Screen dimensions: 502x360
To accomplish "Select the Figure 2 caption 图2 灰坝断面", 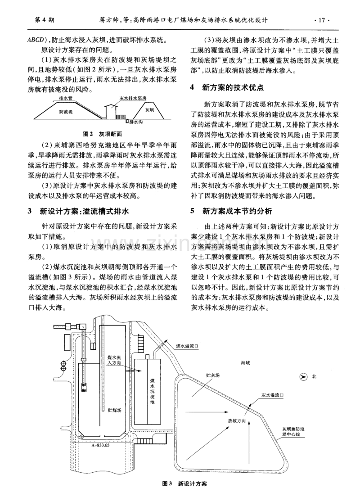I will pyautogui.click(x=106, y=134).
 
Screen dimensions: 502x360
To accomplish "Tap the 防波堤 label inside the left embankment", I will pyautogui.click(x=68, y=110).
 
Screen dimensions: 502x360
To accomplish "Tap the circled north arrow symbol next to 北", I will pyautogui.click(x=303, y=376).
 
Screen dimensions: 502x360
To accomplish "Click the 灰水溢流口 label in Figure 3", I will pyautogui.click(x=273, y=394).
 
